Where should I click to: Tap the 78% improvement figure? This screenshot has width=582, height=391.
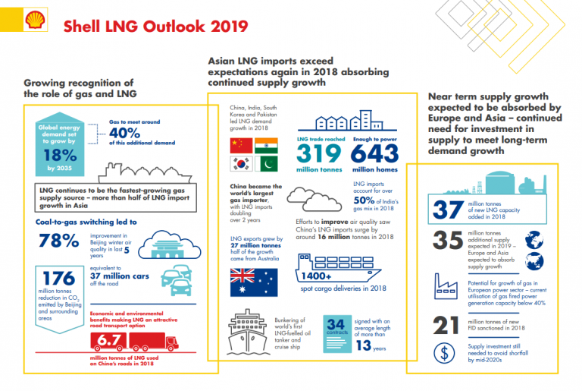point(58,241)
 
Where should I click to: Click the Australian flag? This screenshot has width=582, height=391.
point(251,282)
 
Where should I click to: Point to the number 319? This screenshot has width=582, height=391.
point(320,153)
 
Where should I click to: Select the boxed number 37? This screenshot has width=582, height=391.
point(447,209)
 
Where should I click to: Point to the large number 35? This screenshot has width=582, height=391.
point(447,241)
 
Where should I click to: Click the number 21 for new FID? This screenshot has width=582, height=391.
point(447,325)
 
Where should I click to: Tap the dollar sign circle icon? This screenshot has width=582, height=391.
point(447,353)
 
